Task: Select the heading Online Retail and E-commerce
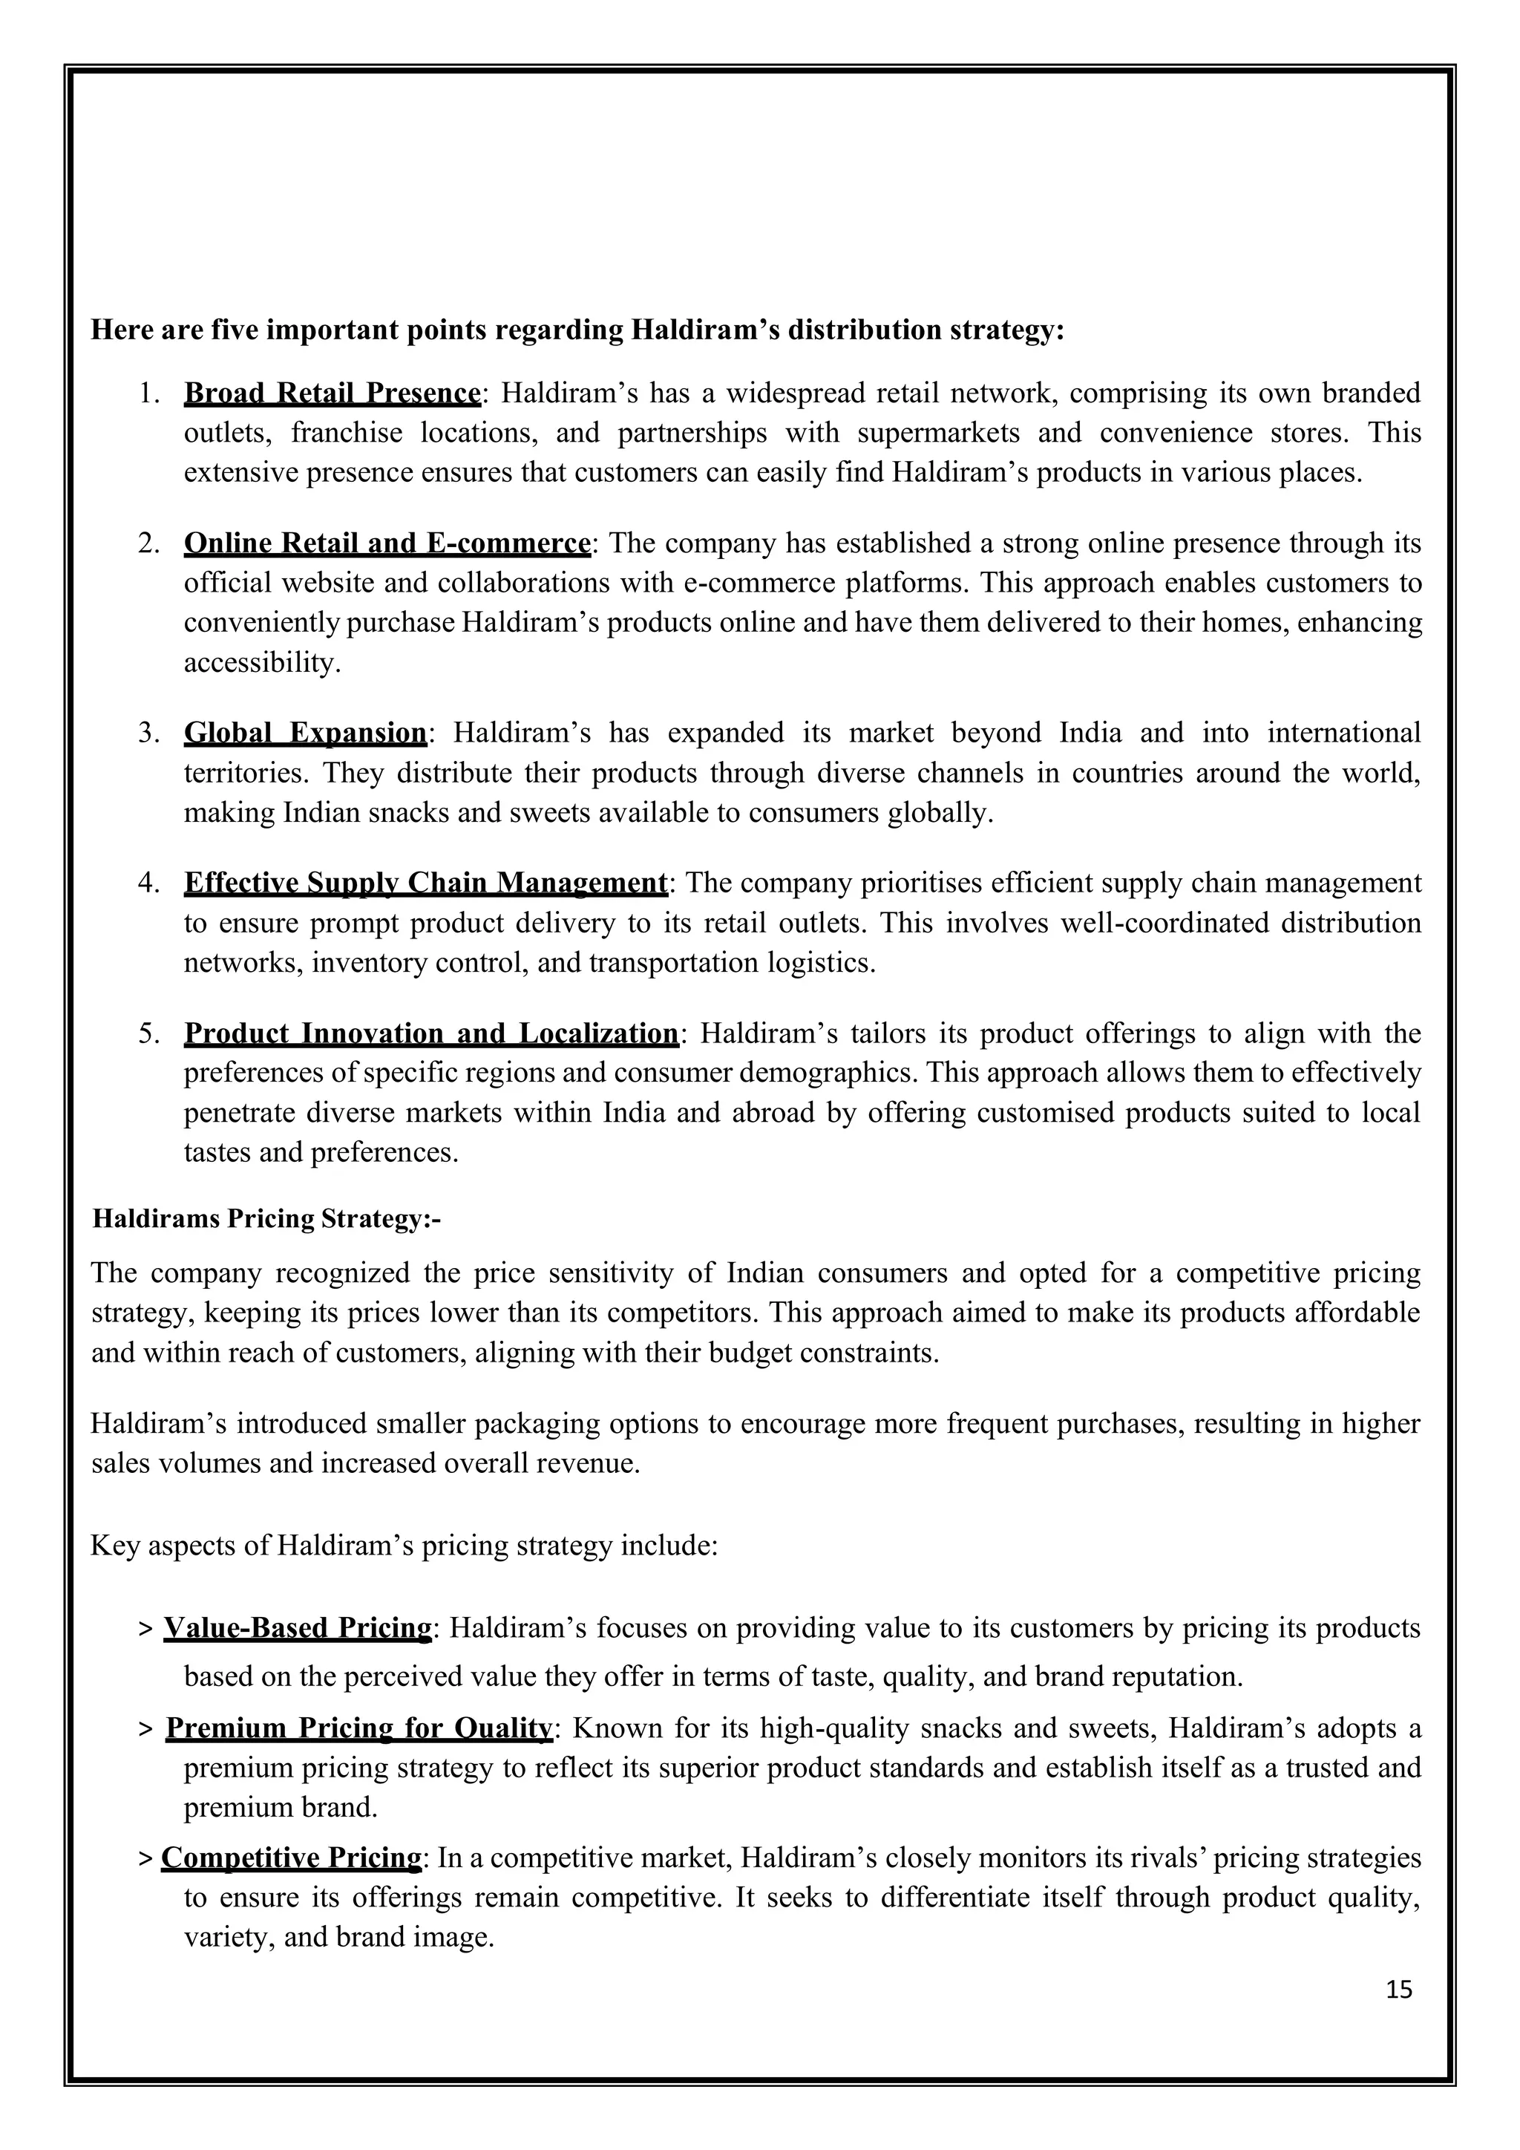click(387, 543)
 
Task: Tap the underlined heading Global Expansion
click(305, 732)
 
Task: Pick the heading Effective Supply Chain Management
click(426, 883)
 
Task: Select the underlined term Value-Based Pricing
click(298, 1628)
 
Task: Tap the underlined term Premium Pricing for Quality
click(359, 1728)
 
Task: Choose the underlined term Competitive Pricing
click(292, 1857)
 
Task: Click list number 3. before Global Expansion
click(150, 732)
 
